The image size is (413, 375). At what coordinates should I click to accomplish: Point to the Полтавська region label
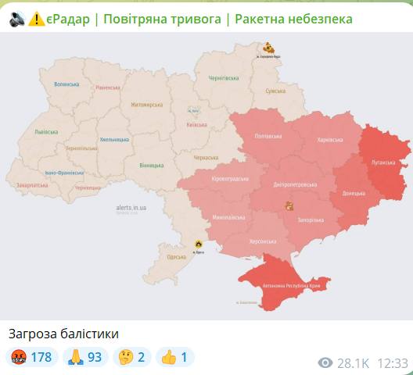pyautogui.click(x=269, y=136)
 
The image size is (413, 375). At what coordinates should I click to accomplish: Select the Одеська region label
pyautogui.click(x=177, y=257)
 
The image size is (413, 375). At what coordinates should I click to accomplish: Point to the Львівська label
pyautogui.click(x=47, y=132)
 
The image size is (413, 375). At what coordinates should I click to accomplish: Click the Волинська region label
pyautogui.click(x=66, y=84)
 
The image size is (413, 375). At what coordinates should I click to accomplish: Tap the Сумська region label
pyautogui.click(x=275, y=91)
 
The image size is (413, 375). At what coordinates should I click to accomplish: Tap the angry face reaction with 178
pyautogui.click(x=31, y=357)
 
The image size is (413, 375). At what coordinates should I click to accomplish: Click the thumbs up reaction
pyautogui.click(x=174, y=357)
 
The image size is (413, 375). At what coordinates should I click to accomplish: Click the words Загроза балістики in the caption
pyautogui.click(x=64, y=334)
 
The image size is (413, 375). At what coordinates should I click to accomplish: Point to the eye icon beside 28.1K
pyautogui.click(x=326, y=363)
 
